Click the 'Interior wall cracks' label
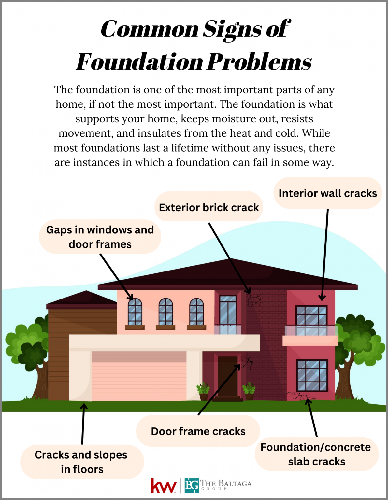point(327,193)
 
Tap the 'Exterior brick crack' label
point(208,208)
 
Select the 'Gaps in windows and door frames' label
point(100,237)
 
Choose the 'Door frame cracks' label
point(198,431)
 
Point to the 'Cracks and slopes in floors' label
point(81,462)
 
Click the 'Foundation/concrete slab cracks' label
point(316,454)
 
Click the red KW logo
point(164,486)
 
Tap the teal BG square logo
point(192,486)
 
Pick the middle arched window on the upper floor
point(166,312)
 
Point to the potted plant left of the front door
point(203,391)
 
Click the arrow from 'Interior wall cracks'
point(325,254)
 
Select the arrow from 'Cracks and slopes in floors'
point(83,423)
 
